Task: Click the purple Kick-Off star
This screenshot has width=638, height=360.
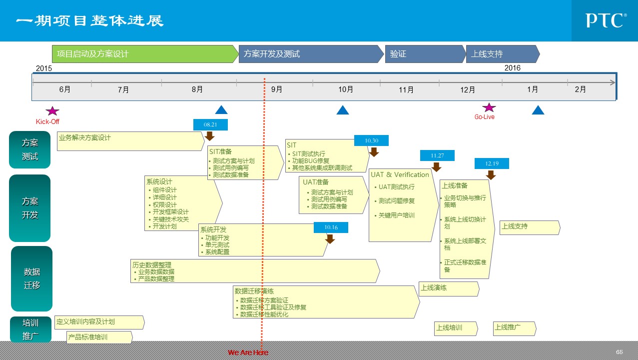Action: click(x=52, y=111)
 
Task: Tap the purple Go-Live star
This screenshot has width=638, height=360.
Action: click(x=489, y=107)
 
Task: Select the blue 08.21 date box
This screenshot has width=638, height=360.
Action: click(x=210, y=124)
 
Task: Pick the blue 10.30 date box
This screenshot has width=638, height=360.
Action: click(x=371, y=140)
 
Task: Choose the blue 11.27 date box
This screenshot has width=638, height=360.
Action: click(x=437, y=155)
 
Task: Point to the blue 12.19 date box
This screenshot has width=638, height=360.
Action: click(x=492, y=163)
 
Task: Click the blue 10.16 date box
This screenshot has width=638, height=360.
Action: click(x=331, y=227)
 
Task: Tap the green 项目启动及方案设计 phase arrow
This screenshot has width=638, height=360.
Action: click(x=145, y=54)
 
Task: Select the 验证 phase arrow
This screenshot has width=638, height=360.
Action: click(x=425, y=54)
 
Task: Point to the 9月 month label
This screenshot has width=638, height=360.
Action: click(x=277, y=89)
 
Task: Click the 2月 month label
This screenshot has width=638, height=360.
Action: click(x=580, y=89)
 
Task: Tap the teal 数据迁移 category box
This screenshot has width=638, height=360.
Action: click(x=32, y=278)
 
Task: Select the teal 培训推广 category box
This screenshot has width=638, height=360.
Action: click(x=30, y=329)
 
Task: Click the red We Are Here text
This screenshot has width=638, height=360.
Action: click(x=248, y=352)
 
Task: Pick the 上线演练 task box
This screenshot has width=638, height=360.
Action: click(x=448, y=288)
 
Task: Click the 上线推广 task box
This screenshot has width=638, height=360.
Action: click(x=514, y=328)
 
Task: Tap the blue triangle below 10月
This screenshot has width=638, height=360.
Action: click(x=343, y=110)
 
